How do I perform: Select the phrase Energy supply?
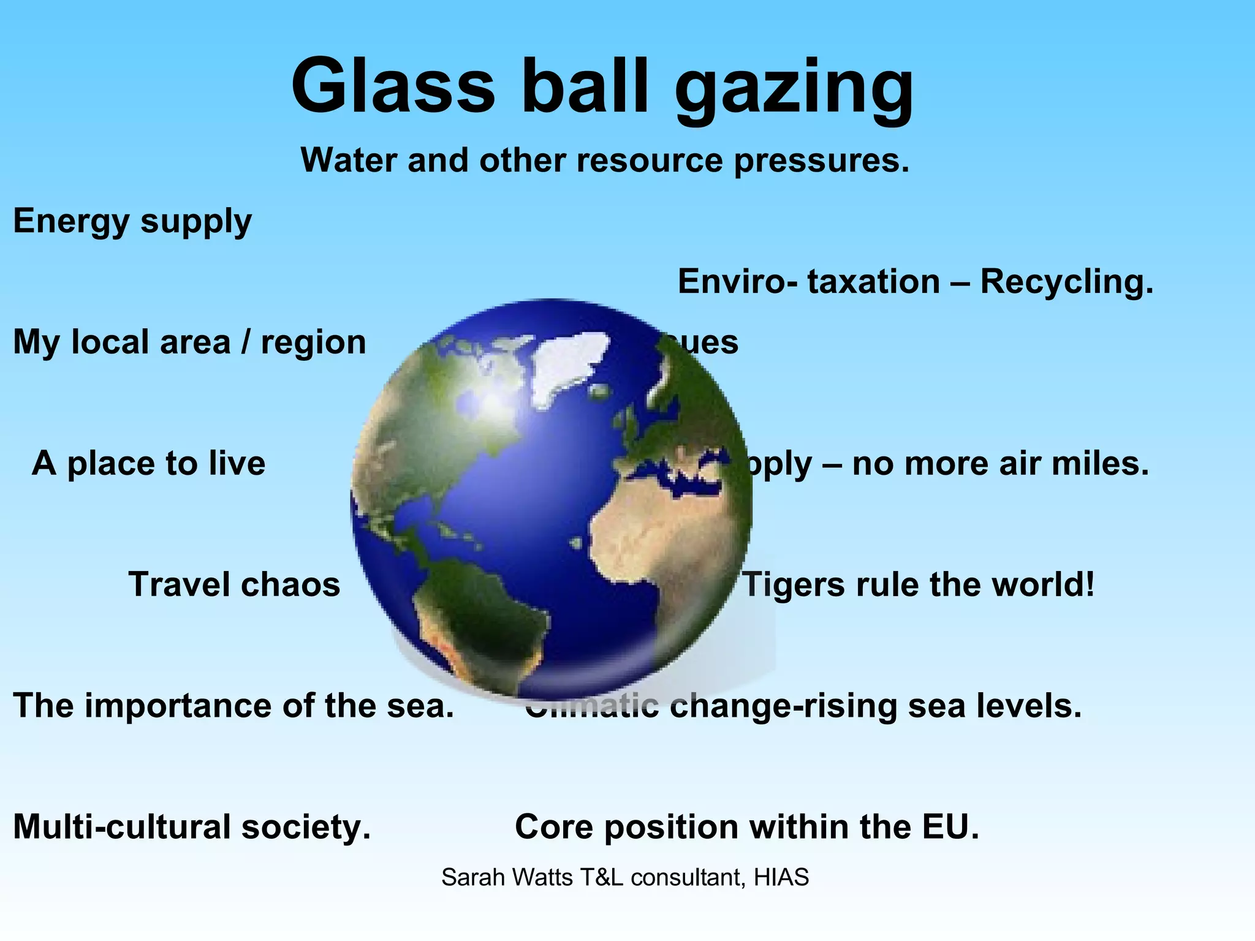click(132, 221)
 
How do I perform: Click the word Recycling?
click(1067, 282)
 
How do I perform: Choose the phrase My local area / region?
click(189, 342)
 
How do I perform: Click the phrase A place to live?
click(149, 463)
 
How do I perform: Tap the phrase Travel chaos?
click(234, 584)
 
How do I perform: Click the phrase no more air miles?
click(1000, 463)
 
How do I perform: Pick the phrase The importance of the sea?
click(233, 706)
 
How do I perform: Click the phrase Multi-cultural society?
click(192, 827)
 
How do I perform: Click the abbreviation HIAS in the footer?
click(781, 878)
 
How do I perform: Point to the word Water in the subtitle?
click(349, 161)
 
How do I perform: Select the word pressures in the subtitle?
click(821, 161)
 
